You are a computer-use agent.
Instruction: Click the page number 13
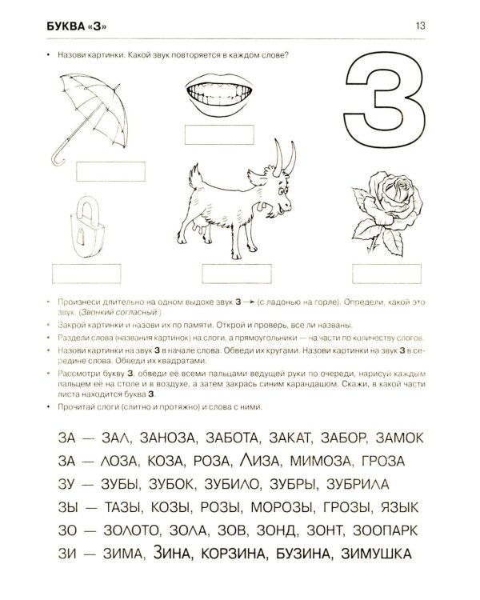point(420,26)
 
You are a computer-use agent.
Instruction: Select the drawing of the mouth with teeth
point(218,94)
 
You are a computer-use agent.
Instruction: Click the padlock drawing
point(87,228)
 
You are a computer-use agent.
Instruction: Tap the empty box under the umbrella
point(110,171)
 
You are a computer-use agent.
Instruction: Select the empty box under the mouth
point(219,134)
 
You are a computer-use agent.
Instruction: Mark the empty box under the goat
point(237,274)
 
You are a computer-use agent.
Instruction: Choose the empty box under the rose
point(386,274)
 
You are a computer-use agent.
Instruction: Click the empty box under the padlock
point(86,274)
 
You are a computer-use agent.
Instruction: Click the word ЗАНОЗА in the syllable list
point(169,438)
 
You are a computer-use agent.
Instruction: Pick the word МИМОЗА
point(320,461)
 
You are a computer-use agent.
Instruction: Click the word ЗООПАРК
point(386,530)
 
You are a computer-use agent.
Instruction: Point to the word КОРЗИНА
point(233,554)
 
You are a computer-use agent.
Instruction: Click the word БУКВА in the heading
point(64,26)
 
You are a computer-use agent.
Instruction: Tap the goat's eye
point(282,190)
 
